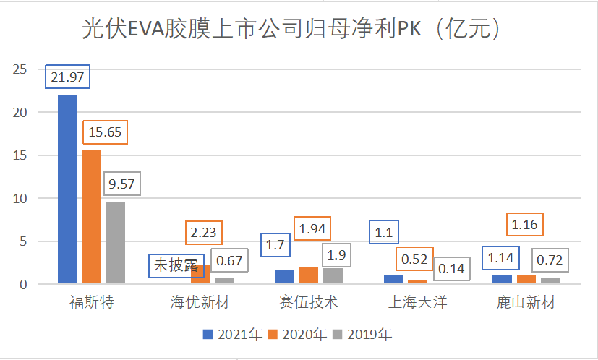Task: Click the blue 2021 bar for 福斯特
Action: pyautogui.click(x=67, y=189)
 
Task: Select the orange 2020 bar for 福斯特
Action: pyautogui.click(x=92, y=217)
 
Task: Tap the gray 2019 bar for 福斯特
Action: pyautogui.click(x=116, y=243)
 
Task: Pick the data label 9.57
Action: pyautogui.click(x=121, y=184)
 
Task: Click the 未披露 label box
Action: pyautogui.click(x=176, y=265)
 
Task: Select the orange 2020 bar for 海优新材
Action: pyautogui.click(x=200, y=275)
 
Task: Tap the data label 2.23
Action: pyautogui.click(x=204, y=233)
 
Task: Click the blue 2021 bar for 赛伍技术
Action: pyautogui.click(x=286, y=277)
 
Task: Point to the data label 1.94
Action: pyautogui.click(x=312, y=229)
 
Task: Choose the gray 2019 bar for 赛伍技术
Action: pyautogui.click(x=333, y=276)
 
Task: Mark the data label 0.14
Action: pyautogui.click(x=451, y=269)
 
